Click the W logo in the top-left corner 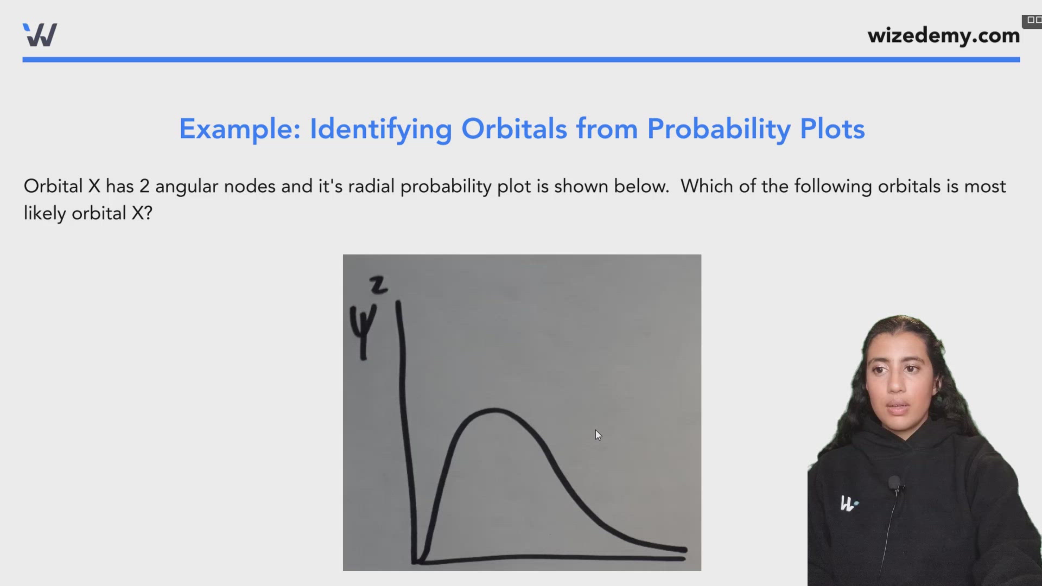(x=40, y=35)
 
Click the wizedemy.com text (x=943, y=36)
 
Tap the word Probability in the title (x=719, y=130)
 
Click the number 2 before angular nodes (x=144, y=186)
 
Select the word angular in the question (x=187, y=187)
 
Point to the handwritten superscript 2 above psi (x=378, y=285)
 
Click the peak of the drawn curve (x=494, y=410)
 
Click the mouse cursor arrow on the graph (x=598, y=435)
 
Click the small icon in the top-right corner (x=1032, y=21)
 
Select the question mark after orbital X (x=148, y=213)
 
